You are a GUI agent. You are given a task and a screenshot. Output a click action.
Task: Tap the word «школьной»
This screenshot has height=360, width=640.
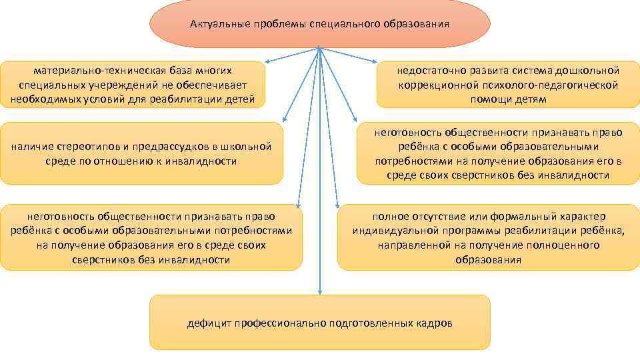click(251, 146)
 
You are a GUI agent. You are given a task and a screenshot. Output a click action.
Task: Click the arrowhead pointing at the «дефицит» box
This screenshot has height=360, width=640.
click(320, 291)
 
